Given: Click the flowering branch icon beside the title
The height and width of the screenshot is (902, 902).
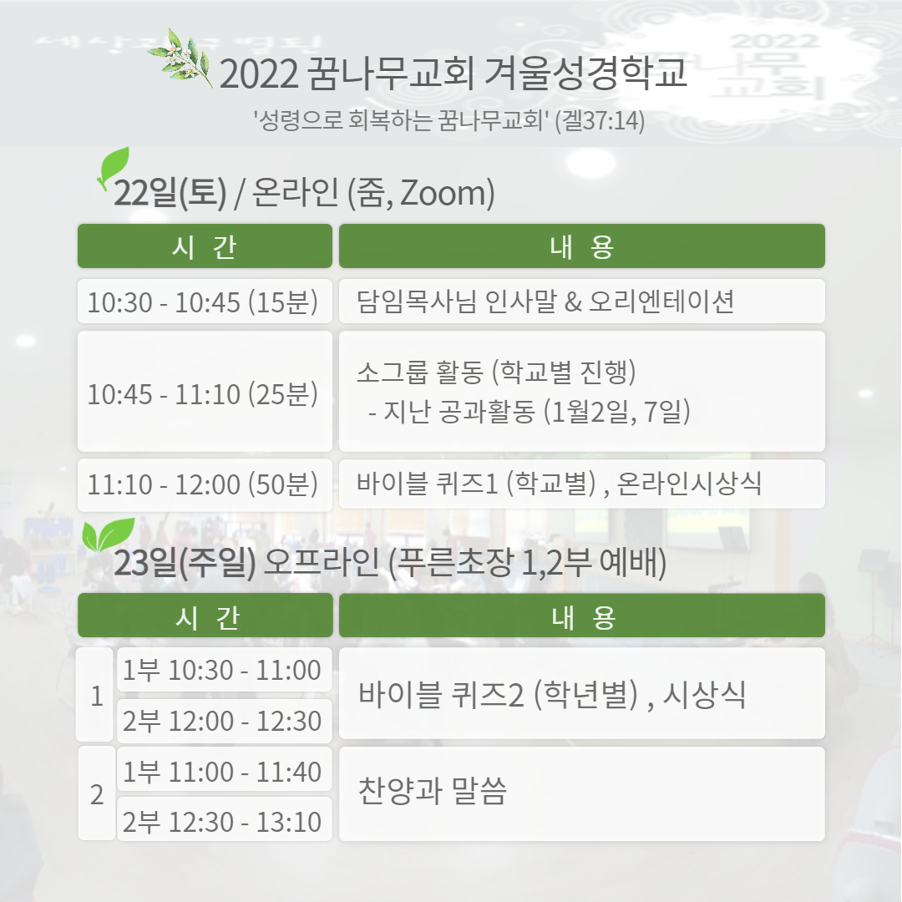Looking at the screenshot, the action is coord(180,58).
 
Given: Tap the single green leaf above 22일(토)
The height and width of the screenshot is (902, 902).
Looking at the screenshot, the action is coord(113,167).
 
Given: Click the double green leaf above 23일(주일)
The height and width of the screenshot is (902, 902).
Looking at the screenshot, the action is coord(108,535).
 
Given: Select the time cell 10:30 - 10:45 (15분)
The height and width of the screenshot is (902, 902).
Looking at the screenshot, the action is coord(205,301).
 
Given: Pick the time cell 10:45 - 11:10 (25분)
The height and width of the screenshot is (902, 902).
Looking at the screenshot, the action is coord(205,391).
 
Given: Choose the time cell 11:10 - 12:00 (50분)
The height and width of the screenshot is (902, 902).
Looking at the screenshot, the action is coord(205,485).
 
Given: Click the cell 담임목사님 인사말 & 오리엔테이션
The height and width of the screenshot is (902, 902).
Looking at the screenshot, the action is coord(581,301).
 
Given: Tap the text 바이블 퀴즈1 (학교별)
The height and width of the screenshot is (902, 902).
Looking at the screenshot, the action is coord(476,484).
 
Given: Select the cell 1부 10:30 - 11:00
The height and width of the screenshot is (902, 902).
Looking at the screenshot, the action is coord(225,670).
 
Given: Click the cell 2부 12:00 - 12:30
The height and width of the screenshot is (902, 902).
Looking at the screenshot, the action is coord(225,721).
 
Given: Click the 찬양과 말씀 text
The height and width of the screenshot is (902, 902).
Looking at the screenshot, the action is coord(432,790).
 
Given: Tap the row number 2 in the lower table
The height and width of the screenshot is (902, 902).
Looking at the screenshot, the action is coord(97,793).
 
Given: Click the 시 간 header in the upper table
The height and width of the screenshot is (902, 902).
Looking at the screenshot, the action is coord(205,246).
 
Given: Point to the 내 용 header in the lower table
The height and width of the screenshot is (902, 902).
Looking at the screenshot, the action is coord(581,616).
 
